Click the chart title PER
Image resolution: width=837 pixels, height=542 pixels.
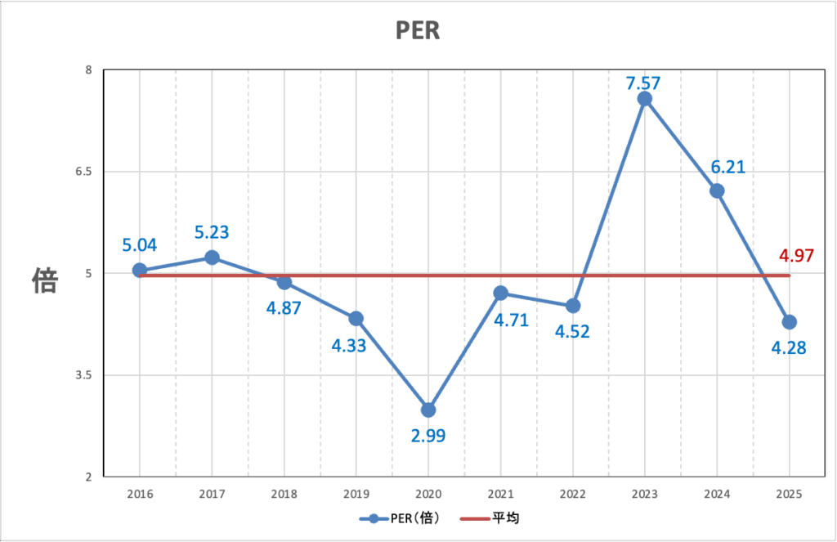(x=418, y=30)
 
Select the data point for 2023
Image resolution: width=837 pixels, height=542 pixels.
(x=644, y=99)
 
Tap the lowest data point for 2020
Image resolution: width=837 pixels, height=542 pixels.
(x=427, y=410)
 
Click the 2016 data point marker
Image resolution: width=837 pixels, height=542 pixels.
(x=139, y=270)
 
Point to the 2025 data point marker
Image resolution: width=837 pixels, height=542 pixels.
(x=789, y=322)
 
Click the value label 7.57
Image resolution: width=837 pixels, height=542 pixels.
(x=643, y=83)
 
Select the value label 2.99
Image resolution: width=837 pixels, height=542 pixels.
(x=428, y=435)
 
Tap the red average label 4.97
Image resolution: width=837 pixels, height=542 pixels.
(x=795, y=256)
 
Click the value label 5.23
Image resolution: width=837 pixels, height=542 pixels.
(x=212, y=233)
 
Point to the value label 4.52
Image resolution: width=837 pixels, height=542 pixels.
(x=573, y=331)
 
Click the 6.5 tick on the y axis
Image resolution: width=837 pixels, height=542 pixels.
(x=83, y=172)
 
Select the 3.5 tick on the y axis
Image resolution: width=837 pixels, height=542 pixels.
(x=83, y=375)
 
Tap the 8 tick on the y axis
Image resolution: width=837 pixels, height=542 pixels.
(x=87, y=70)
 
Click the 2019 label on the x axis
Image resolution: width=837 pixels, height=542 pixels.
(x=356, y=494)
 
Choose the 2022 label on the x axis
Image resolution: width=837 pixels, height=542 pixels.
(x=572, y=494)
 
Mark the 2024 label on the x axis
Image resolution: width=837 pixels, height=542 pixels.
(x=717, y=494)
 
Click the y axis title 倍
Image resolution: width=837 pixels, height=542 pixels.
(x=44, y=280)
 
